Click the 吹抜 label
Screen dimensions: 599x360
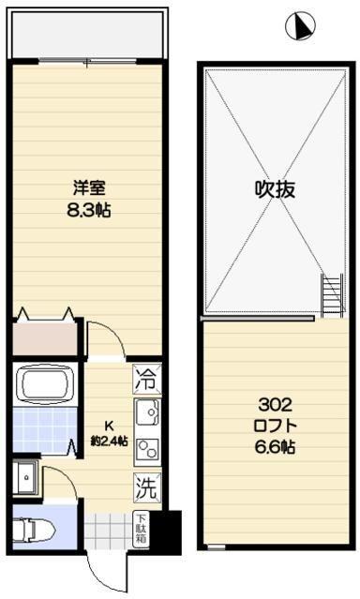pyautogui.click(x=276, y=188)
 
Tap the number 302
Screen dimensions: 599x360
pyautogui.click(x=276, y=405)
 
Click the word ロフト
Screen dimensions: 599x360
pyautogui.click(x=276, y=427)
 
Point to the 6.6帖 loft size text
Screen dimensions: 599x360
pyautogui.click(x=276, y=448)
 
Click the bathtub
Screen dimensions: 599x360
pyautogui.click(x=46, y=384)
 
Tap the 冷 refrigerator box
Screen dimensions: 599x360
pyautogui.click(x=144, y=380)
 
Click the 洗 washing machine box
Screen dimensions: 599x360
pyautogui.click(x=145, y=487)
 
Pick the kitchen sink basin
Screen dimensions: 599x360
pyautogui.click(x=146, y=412)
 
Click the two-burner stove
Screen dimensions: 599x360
pyautogui.click(x=146, y=449)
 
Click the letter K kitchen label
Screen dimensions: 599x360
pyautogui.click(x=107, y=424)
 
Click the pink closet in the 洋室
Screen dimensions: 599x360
pyautogui.click(x=44, y=337)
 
